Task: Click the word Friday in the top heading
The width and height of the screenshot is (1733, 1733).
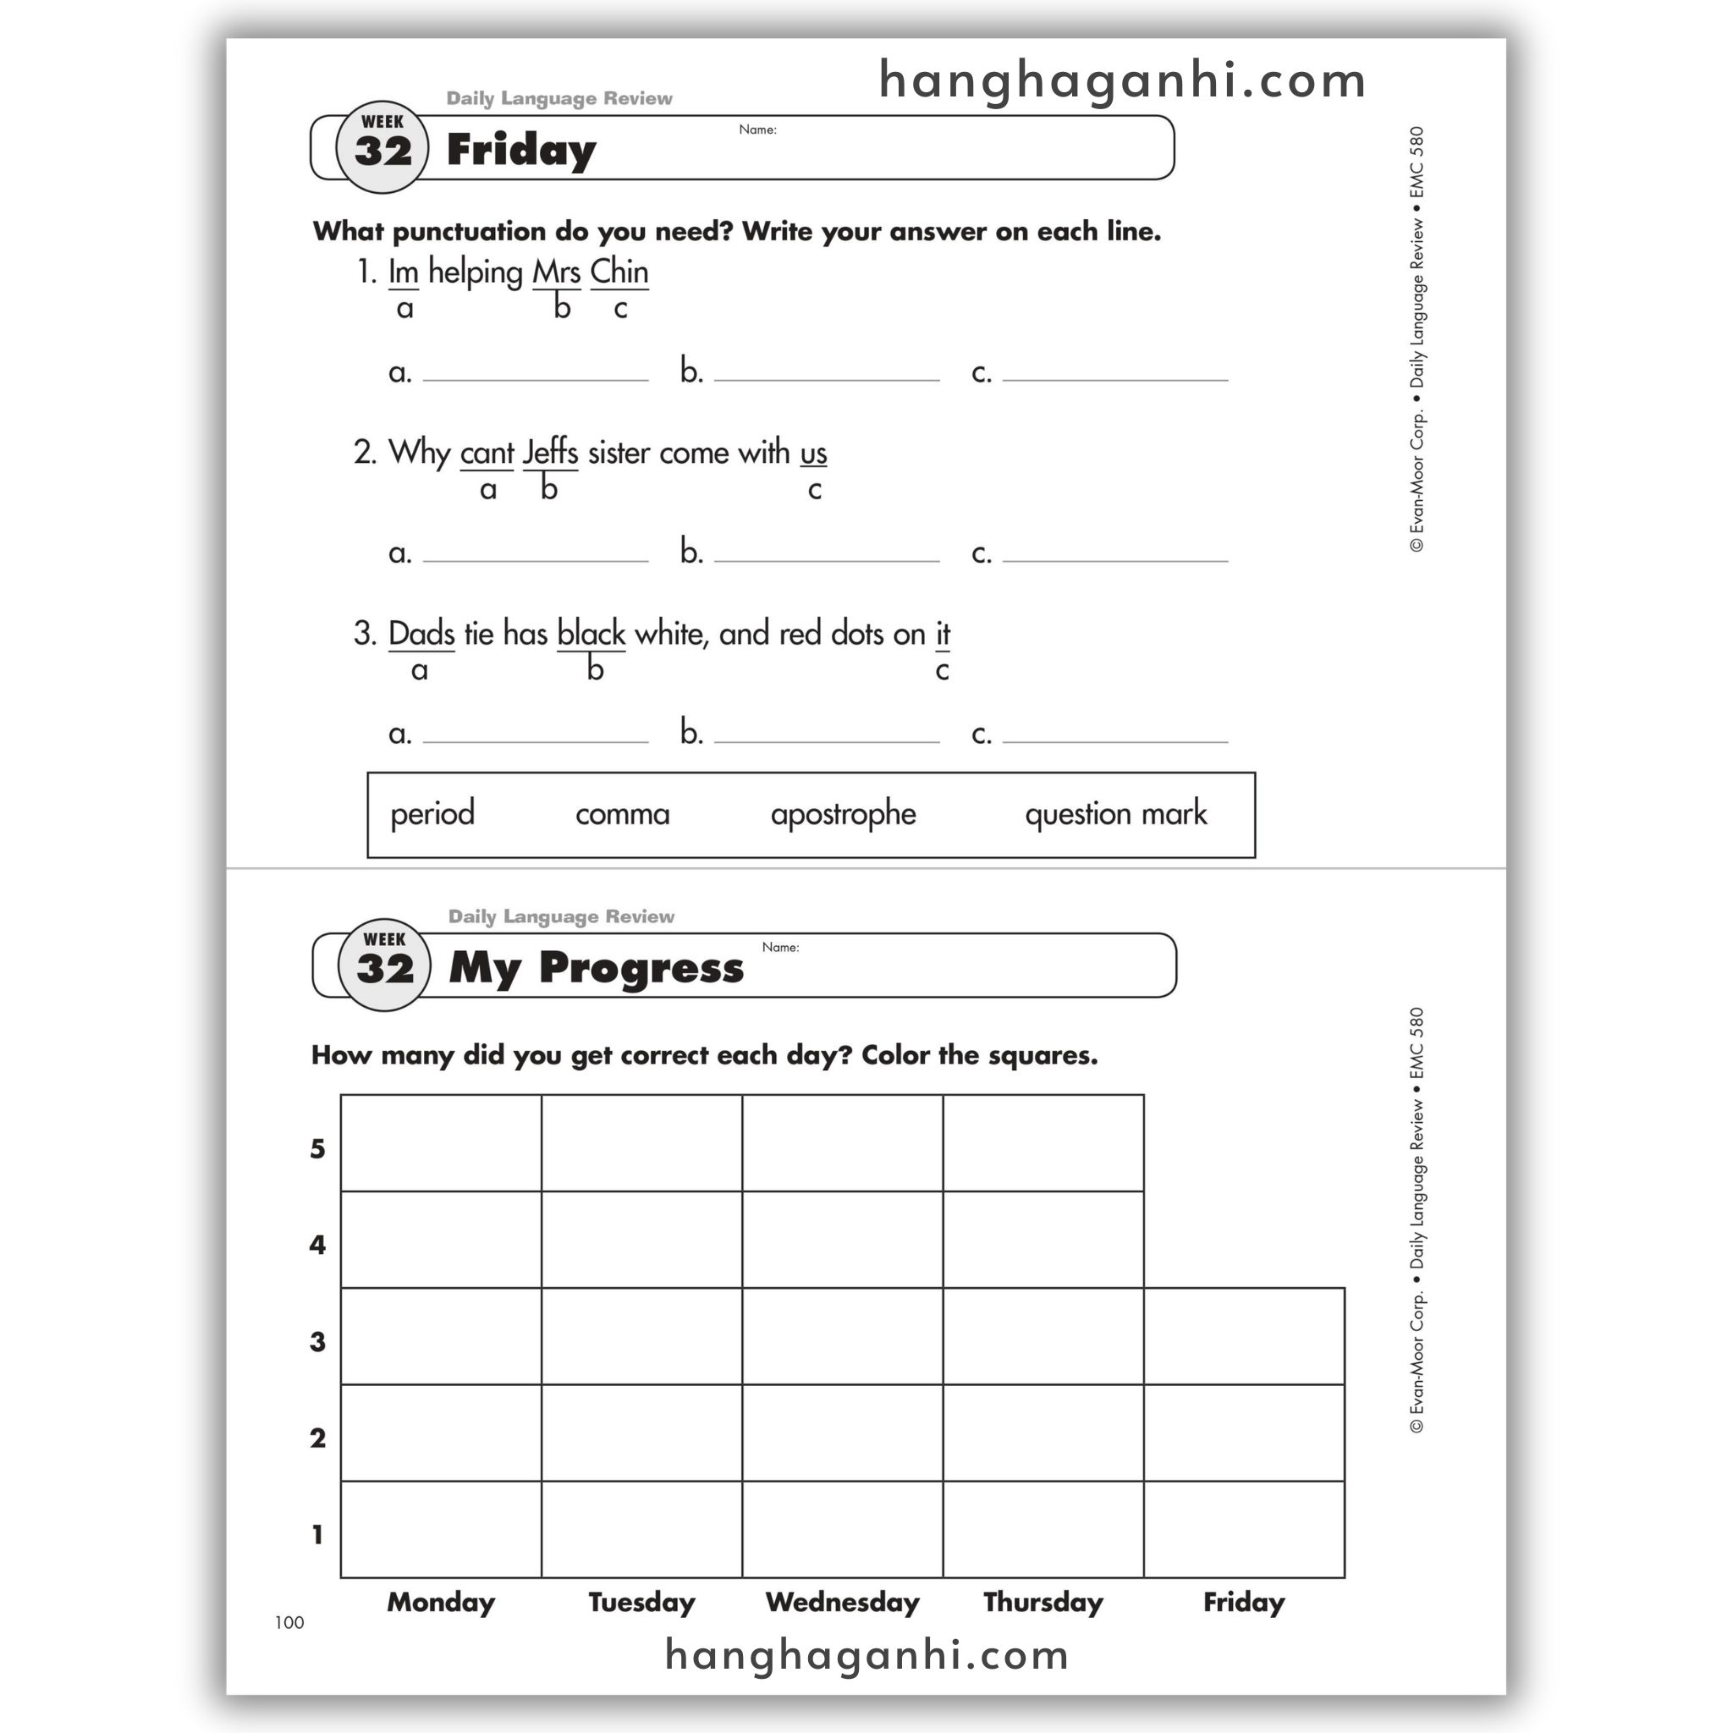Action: coord(520,150)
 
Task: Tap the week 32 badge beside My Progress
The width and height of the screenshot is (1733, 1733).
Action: coord(385,965)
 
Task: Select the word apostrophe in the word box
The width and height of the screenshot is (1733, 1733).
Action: coord(842,813)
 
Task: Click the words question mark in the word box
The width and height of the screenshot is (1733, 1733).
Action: coord(1115,813)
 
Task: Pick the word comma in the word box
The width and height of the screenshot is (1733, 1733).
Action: coord(622,813)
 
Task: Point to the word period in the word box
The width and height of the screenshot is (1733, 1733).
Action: coord(432,813)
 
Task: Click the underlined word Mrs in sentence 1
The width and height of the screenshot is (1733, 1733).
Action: coord(556,272)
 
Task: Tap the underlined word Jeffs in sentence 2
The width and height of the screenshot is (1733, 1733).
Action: coord(550,452)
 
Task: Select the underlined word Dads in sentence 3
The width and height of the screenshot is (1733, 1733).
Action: coord(421,633)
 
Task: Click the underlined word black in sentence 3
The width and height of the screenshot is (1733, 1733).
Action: coord(591,633)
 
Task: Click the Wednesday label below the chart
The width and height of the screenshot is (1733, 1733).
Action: coord(842,1602)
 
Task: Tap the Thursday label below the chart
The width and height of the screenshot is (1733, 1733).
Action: coord(1043,1602)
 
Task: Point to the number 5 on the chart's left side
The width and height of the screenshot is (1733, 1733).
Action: coord(317,1149)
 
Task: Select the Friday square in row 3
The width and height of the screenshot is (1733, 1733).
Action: coord(1243,1335)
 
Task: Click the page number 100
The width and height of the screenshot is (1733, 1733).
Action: coord(289,1622)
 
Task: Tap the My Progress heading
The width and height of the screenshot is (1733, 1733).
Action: coord(596,968)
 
